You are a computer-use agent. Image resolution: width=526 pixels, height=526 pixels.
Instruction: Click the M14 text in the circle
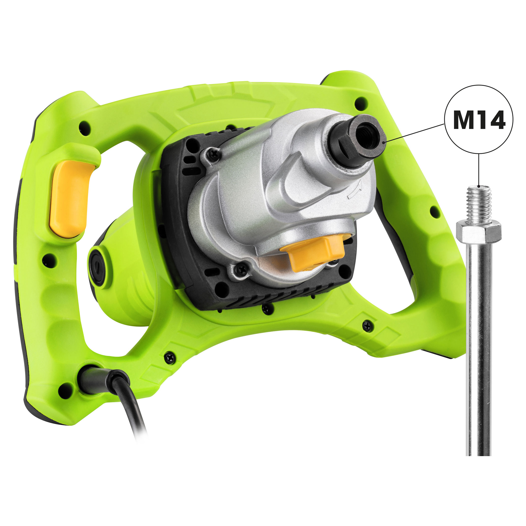[x=479, y=119]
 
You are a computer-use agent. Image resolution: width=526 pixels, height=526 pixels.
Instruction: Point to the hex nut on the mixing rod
[x=479, y=231]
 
